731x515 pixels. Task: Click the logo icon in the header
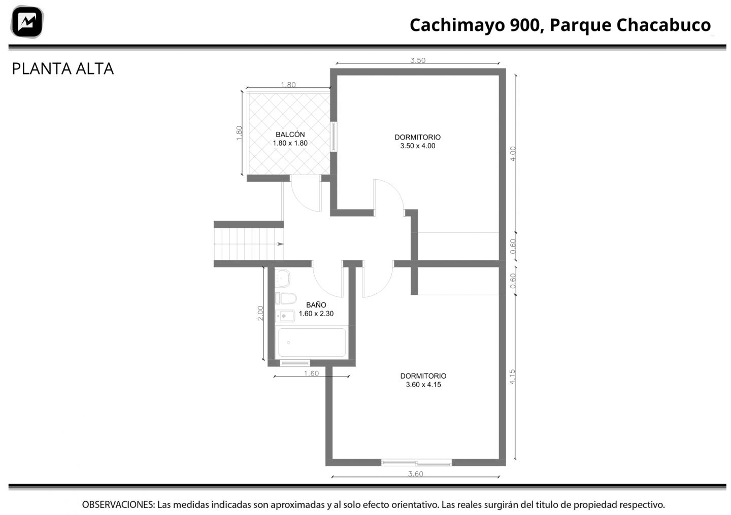(27, 22)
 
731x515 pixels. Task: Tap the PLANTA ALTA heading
(62, 69)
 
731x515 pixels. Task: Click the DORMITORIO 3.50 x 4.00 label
(418, 142)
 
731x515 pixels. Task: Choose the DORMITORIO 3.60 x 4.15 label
(423, 381)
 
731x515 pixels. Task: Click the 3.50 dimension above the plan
(418, 60)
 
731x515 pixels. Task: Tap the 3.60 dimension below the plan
(415, 474)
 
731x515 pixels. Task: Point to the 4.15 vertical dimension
(512, 376)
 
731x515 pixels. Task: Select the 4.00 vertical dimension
(513, 154)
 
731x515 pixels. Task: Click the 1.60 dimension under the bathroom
(311, 373)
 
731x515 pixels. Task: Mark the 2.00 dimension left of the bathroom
(260, 313)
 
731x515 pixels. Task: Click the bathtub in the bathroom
(312, 342)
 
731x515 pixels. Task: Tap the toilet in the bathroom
(286, 298)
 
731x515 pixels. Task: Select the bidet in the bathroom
(285, 316)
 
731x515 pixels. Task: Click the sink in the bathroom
(283, 278)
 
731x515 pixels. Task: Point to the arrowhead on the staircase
(280, 244)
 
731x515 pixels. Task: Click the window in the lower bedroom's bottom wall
(416, 463)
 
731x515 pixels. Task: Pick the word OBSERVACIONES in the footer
(118, 505)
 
